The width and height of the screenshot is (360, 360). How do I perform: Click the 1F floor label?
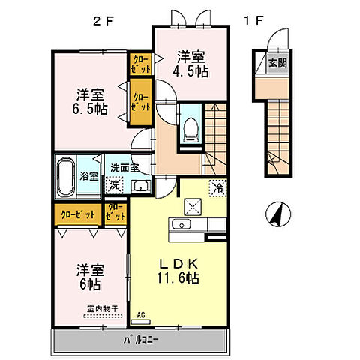(252, 19)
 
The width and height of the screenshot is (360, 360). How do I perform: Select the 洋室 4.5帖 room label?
(191, 64)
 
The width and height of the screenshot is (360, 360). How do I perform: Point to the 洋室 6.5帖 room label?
(89, 102)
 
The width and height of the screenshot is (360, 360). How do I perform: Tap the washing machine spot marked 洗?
(115, 184)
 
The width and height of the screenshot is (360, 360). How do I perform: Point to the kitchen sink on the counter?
(182, 225)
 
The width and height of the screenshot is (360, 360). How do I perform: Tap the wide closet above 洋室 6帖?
(78, 215)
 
